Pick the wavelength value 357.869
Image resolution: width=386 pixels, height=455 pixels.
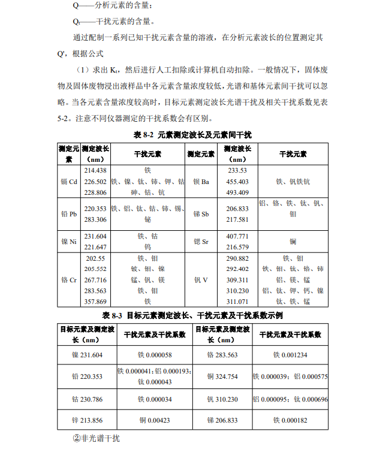pyautogui.click(x=95, y=302)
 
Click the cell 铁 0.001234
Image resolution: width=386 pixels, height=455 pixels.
pyautogui.click(x=290, y=355)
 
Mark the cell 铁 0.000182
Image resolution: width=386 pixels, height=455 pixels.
pyautogui.click(x=290, y=420)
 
